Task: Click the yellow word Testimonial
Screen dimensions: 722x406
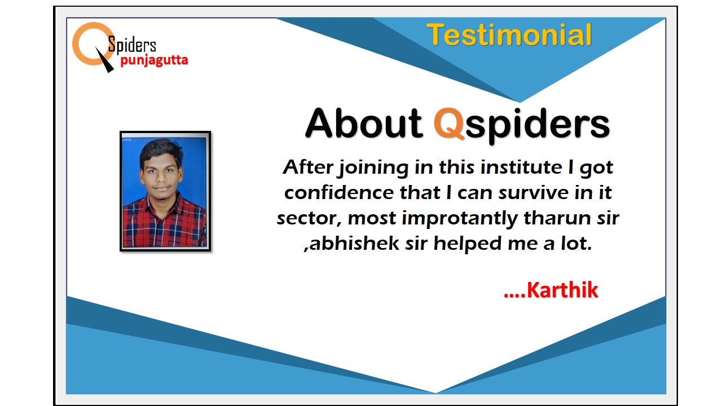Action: tap(509, 35)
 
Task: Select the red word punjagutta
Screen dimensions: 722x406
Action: tap(154, 60)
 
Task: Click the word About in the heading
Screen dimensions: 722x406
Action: tap(364, 123)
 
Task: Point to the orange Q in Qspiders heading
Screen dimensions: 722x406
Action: tap(448, 123)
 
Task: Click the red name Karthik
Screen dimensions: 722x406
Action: tap(562, 290)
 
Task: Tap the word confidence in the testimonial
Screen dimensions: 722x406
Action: tap(339, 193)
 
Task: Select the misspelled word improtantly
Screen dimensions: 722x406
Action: tap(460, 219)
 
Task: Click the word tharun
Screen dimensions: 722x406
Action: tap(558, 218)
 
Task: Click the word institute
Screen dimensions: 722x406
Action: tap(521, 167)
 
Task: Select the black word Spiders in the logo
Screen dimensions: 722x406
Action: tap(132, 45)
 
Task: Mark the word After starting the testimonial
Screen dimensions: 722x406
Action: tap(308, 167)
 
